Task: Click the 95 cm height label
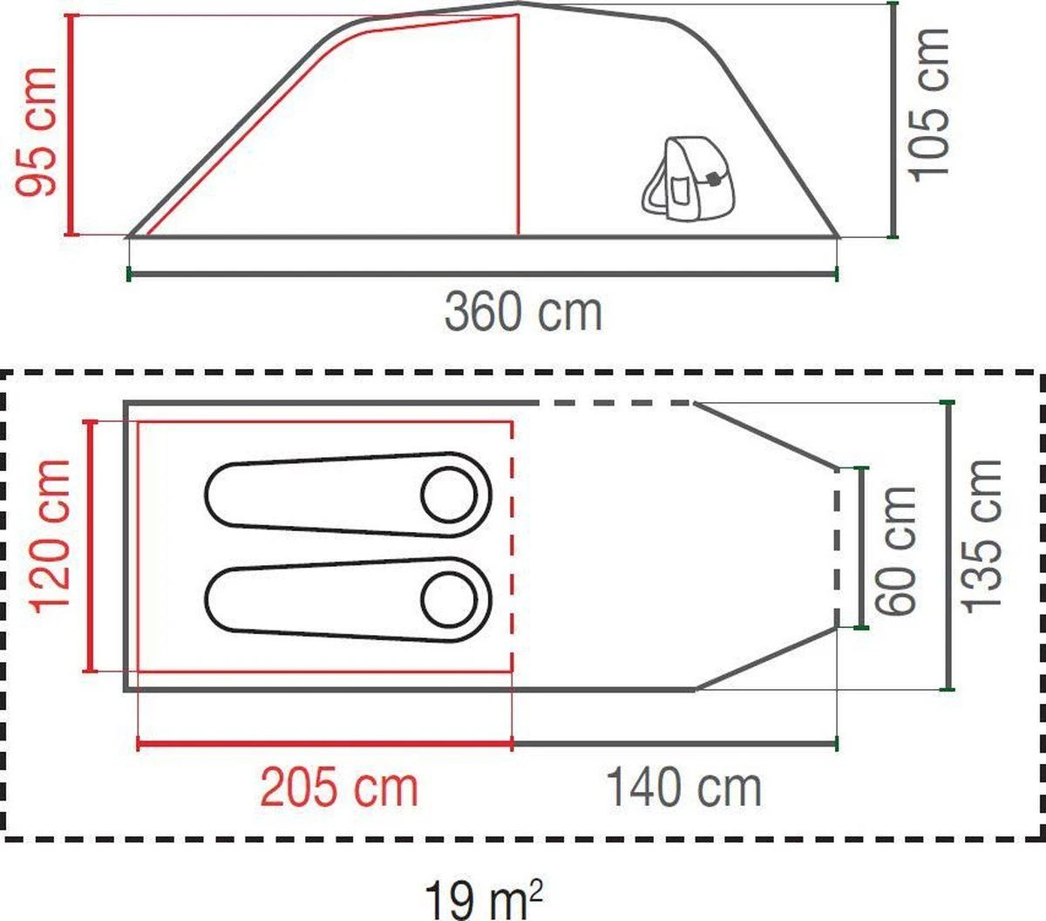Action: pos(39,131)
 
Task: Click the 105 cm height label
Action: pos(930,105)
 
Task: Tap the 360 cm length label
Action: pos(523,311)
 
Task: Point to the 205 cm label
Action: pos(339,788)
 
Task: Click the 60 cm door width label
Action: pos(897,549)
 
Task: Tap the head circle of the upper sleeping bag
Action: pos(449,495)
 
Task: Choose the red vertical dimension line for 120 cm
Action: pos(89,546)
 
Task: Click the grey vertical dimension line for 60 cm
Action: pos(863,548)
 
